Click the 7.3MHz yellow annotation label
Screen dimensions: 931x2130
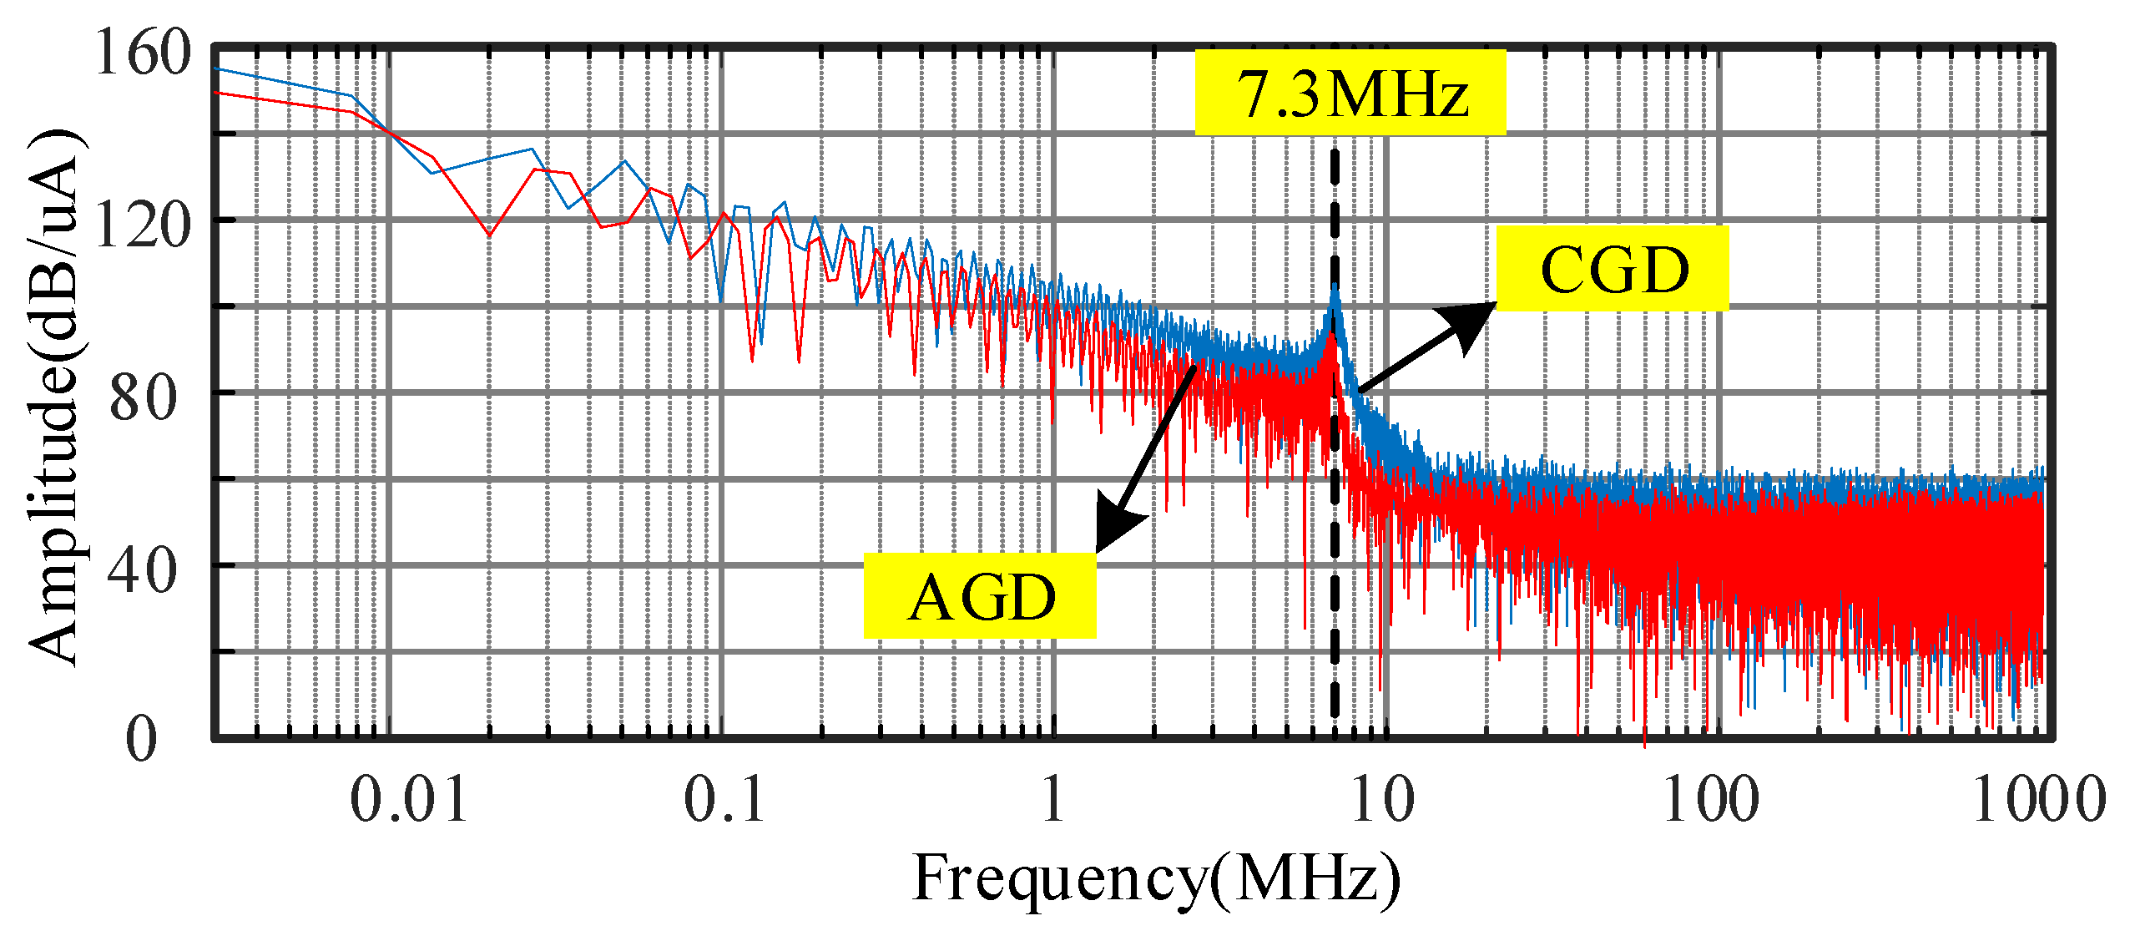[x=1350, y=93]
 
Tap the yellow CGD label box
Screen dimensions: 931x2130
[x=1612, y=269]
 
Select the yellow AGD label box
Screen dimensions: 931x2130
[x=979, y=596]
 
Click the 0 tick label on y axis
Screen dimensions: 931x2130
[x=142, y=739]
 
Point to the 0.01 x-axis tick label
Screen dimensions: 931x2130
[x=409, y=800]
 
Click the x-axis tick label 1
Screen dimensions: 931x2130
[x=1052, y=800]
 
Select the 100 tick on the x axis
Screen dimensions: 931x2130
[x=1711, y=800]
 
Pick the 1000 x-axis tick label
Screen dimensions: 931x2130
[x=2038, y=800]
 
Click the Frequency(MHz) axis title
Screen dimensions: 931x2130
[x=1156, y=879]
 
